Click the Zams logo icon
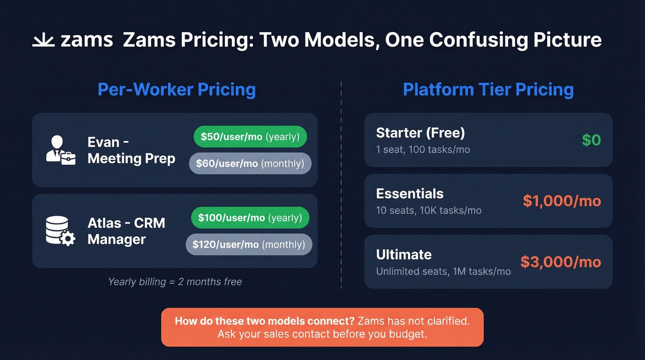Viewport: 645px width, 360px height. coord(44,41)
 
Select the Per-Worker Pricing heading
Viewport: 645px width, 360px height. coord(176,89)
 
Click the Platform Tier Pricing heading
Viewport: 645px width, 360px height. coord(488,89)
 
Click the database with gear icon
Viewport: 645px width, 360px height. coord(60,231)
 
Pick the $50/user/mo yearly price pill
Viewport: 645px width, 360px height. coord(250,137)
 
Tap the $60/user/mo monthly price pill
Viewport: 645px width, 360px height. coord(250,164)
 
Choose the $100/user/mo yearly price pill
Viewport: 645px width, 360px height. coord(250,218)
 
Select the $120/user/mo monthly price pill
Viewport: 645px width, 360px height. coord(249,244)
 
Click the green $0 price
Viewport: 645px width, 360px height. coord(591,140)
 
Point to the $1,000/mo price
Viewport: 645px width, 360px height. coord(562,201)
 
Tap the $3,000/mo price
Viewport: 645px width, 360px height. coord(561,262)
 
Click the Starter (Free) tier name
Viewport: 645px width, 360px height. coord(420,133)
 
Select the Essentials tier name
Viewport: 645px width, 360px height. coord(410,194)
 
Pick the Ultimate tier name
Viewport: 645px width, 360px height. coord(404,254)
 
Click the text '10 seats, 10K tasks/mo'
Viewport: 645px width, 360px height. coord(428,211)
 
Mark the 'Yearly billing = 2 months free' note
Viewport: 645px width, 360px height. coord(175,282)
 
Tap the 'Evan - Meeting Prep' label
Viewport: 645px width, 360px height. coord(131,150)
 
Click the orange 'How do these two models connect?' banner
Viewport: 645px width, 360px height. coord(322,327)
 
